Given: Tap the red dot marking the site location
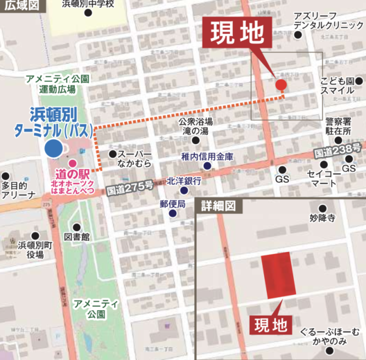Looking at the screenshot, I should point(281,85).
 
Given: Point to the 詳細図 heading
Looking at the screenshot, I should point(218,207).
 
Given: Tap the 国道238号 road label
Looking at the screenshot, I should point(338,150).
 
